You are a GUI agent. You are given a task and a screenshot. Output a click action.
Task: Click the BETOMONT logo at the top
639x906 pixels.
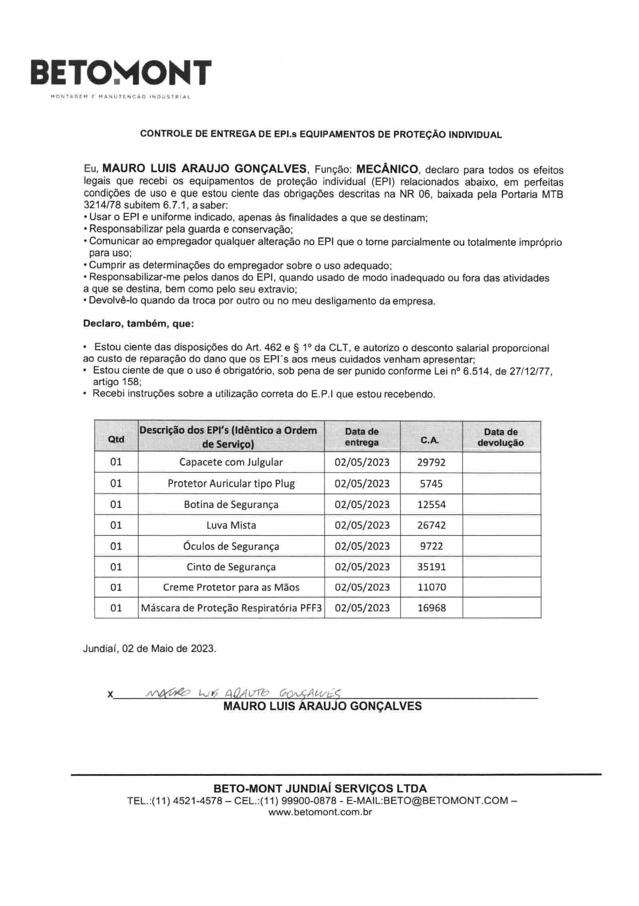(x=121, y=73)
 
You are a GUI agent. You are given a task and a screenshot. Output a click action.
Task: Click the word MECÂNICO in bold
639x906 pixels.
(x=387, y=169)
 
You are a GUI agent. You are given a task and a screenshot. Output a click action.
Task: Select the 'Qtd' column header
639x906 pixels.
(x=116, y=439)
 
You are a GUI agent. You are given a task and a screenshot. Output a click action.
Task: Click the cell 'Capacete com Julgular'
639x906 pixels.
(x=231, y=462)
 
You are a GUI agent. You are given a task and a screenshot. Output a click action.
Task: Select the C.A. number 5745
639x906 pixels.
(x=431, y=484)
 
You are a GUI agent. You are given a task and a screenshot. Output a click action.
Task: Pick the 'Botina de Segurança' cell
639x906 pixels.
(x=231, y=504)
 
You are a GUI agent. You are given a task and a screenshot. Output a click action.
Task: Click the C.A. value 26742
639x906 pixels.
(x=431, y=525)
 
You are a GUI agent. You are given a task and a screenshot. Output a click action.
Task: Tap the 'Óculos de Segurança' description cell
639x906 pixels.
(x=231, y=546)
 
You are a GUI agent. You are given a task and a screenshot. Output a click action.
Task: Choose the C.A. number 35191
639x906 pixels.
(x=431, y=567)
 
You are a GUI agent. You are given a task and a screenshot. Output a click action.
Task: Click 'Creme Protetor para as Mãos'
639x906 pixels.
(x=231, y=587)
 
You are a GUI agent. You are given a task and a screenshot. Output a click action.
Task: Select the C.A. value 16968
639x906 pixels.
(x=431, y=608)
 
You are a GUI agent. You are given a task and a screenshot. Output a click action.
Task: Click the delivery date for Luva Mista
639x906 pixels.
(x=362, y=525)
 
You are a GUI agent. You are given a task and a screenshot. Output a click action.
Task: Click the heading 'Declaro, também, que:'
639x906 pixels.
(x=138, y=324)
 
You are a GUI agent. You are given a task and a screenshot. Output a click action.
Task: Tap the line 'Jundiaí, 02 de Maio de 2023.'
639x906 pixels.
(x=149, y=649)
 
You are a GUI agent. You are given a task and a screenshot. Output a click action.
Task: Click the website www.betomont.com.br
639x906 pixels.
(x=320, y=812)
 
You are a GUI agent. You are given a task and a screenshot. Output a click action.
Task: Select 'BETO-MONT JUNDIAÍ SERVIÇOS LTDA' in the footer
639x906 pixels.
(x=320, y=789)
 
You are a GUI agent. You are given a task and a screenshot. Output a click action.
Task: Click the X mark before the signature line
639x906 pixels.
(x=110, y=695)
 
